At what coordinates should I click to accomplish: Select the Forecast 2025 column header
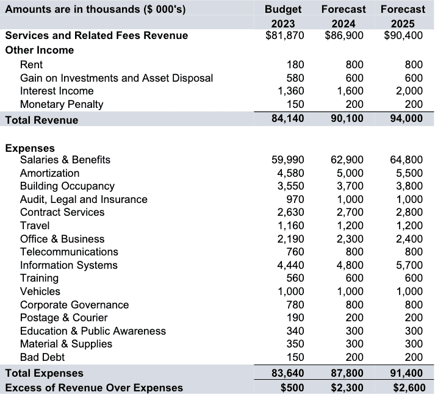point(403,16)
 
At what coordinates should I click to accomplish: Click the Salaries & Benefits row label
point(65,160)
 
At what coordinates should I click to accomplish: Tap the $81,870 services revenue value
point(285,35)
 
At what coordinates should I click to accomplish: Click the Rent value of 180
point(295,65)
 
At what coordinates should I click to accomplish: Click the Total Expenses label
point(45,373)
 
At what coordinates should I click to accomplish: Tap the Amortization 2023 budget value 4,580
point(290,173)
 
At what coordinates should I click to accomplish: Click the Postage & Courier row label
point(64,318)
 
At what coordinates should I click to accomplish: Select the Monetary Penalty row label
point(62,104)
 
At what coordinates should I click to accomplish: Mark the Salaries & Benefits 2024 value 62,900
point(347,160)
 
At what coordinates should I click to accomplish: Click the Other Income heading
point(40,50)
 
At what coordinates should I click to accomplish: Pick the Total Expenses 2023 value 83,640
point(287,373)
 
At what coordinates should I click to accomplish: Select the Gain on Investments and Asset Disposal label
point(117,78)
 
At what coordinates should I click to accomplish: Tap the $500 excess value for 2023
point(292,387)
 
